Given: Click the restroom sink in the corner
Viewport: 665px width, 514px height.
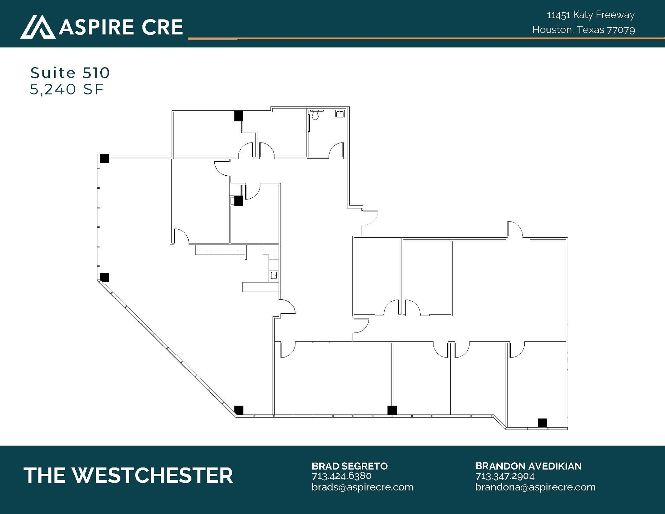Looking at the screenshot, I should (340, 114).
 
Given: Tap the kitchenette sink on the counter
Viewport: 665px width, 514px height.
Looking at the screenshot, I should (274, 276).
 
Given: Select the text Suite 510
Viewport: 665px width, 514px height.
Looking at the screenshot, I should (70, 73).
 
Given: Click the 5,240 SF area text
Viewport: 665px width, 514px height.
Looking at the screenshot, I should (67, 89).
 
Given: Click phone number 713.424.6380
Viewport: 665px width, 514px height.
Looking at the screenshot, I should (341, 476).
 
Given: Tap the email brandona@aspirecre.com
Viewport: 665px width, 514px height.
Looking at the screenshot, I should (535, 487).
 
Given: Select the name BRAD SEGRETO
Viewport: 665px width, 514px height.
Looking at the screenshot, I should (349, 466).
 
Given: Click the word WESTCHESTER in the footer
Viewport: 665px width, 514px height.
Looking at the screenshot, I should (152, 476).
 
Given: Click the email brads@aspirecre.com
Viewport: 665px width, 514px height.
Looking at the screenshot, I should (362, 487).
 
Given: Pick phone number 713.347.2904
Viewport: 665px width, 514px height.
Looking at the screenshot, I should (505, 476).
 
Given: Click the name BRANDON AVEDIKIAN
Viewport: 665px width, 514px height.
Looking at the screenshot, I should (528, 466).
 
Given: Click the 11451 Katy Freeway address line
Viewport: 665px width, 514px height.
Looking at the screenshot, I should (591, 15).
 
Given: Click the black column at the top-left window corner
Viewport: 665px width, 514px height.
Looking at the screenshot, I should (104, 158).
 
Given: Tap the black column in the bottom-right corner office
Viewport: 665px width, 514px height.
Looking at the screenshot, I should (542, 423).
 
